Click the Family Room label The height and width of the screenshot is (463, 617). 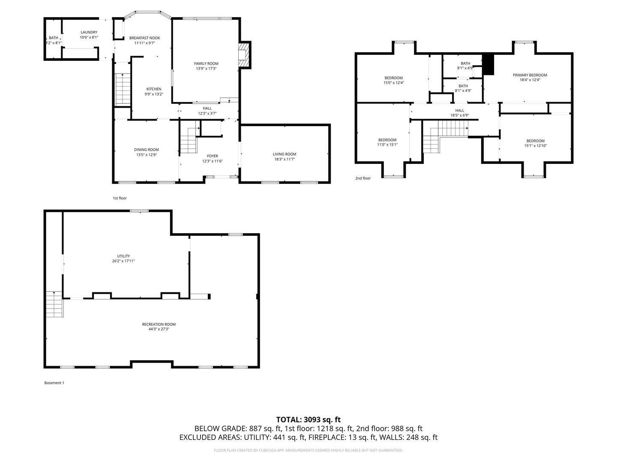206,63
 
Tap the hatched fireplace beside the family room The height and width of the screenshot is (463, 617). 243,55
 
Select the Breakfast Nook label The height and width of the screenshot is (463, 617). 144,38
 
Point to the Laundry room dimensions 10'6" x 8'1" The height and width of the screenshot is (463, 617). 89,37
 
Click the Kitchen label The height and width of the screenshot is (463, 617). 154,89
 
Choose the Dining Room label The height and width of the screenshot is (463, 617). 146,150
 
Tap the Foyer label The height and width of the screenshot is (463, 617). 213,156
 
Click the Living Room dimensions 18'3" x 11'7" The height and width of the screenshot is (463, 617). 285,159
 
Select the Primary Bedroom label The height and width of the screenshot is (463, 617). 530,75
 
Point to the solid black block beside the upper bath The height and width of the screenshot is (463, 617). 488,64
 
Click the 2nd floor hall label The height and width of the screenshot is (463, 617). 460,111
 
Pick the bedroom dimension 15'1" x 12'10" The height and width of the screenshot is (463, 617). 535,146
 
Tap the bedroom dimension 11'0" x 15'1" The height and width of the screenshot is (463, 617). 387,145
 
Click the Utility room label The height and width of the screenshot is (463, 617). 123,256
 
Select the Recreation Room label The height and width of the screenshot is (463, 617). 159,325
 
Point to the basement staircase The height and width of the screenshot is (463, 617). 54,304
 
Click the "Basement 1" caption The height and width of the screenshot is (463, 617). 54,383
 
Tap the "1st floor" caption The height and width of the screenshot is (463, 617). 120,198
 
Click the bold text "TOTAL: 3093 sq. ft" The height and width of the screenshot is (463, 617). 308,420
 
